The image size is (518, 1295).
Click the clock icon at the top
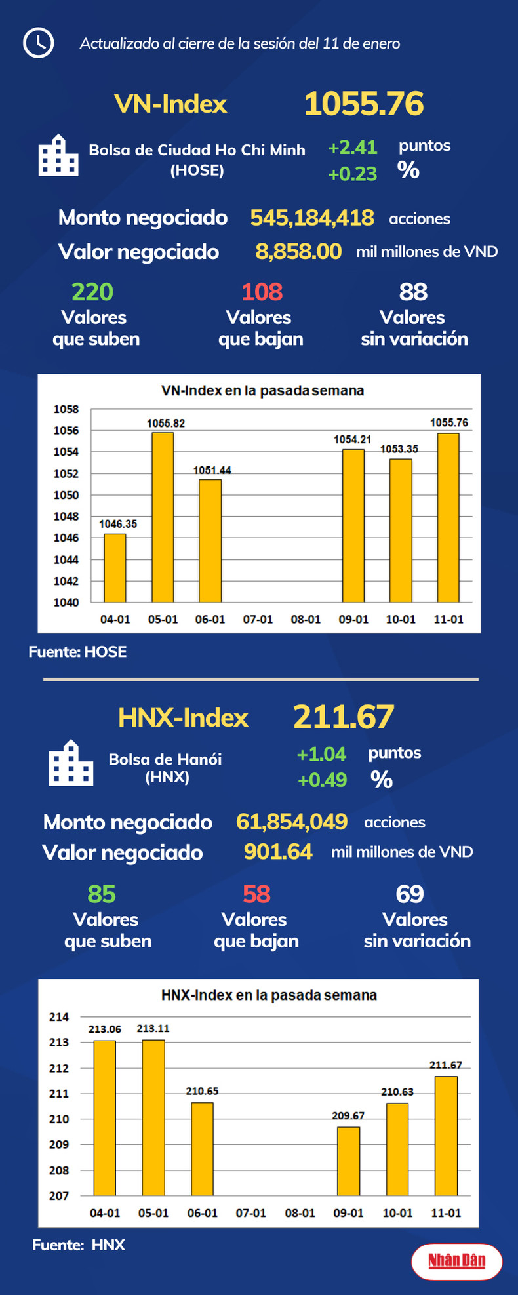(x=38, y=43)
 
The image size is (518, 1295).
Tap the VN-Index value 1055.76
(x=364, y=104)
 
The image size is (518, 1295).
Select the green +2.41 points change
(x=353, y=148)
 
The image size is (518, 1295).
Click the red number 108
(x=262, y=292)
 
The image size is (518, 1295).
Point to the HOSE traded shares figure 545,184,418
(x=312, y=218)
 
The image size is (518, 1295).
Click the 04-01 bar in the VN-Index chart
(x=115, y=567)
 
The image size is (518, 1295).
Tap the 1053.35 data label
(x=399, y=449)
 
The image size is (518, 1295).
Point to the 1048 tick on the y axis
(x=66, y=517)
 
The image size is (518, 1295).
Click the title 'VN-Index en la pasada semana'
(x=262, y=391)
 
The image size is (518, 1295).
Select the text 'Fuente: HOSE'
(x=77, y=652)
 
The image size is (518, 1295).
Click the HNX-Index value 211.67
(x=344, y=717)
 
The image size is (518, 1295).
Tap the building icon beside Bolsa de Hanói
(x=71, y=763)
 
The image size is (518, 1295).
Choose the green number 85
(x=102, y=894)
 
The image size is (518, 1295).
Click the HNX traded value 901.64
(x=278, y=851)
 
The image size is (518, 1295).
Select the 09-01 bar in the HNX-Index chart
(x=348, y=1161)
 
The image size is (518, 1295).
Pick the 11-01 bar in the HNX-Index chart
(x=446, y=1136)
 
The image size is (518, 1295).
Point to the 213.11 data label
(x=153, y=1029)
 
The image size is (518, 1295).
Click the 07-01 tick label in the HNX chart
(x=251, y=1213)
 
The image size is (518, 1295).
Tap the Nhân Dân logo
(x=456, y=1260)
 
